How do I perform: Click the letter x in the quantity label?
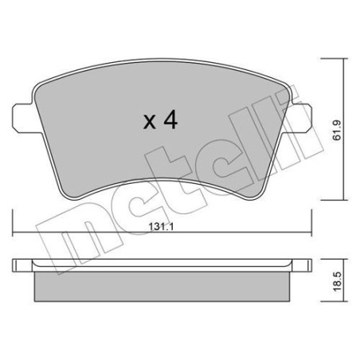click(149, 122)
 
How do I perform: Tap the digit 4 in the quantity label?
click(170, 120)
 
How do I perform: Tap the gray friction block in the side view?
click(164, 287)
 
